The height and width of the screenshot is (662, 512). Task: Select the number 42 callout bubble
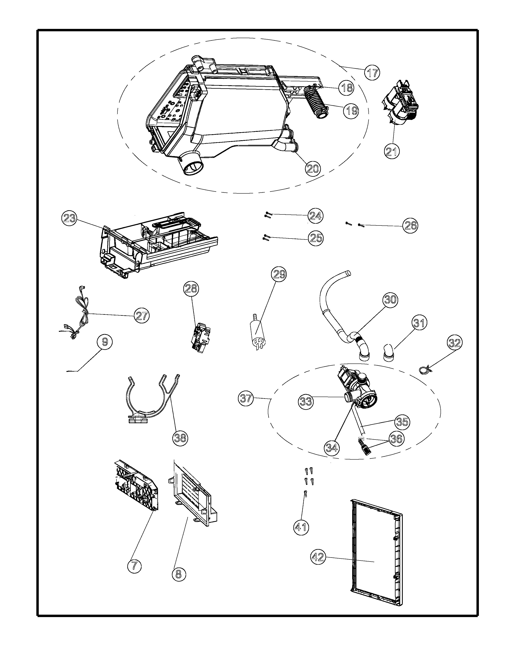318,557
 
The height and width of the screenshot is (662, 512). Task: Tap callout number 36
396,439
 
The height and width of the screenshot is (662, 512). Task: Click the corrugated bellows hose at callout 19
315,103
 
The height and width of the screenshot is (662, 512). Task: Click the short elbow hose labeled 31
389,353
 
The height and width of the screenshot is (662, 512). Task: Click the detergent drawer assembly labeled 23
158,246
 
